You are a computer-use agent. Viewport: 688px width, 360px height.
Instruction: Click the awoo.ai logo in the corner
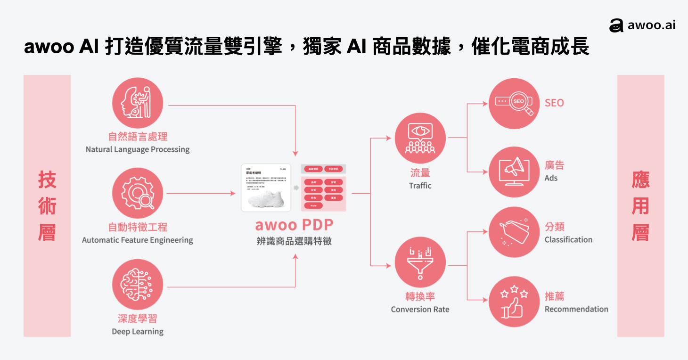[642, 25]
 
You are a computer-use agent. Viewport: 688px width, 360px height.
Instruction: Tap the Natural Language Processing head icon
[138, 103]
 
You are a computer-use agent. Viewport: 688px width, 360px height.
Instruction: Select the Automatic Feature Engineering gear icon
[138, 193]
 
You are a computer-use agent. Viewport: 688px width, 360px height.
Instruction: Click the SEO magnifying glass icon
[514, 103]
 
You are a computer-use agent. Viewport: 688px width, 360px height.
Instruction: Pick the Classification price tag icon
[514, 232]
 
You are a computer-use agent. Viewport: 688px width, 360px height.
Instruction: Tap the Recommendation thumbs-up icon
[514, 302]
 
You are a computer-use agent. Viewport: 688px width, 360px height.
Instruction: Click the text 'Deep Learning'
[138, 332]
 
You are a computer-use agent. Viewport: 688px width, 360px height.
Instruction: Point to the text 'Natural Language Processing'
[138, 149]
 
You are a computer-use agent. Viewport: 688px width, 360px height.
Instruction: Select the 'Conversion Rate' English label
[420, 310]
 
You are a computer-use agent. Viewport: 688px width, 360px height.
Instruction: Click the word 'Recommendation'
[576, 309]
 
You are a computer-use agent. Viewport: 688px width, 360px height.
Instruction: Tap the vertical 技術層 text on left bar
[47, 206]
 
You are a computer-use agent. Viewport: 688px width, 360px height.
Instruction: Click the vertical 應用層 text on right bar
[640, 206]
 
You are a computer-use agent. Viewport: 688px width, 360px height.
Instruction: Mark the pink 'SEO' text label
[554, 103]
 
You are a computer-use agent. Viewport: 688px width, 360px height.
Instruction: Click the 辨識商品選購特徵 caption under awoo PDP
[294, 241]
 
